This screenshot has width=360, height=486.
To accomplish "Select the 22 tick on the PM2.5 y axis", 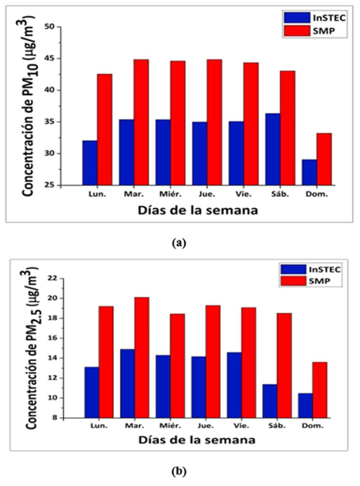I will coord(55,278).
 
